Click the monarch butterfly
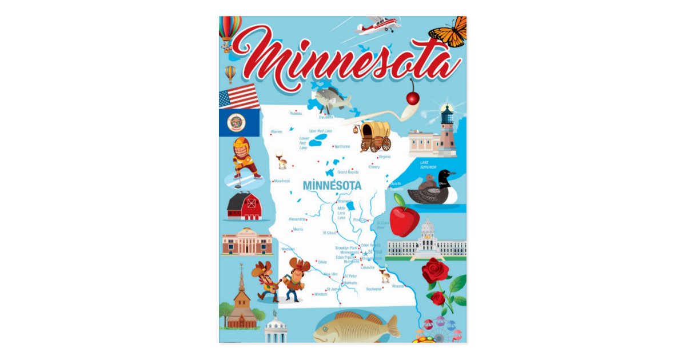[449, 31]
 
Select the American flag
[239, 96]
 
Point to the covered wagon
[375, 136]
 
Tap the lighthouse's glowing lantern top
[447, 110]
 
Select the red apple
[405, 221]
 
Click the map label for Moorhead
[282, 181]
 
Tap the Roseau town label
[296, 114]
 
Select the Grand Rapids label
[348, 172]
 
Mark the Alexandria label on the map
[297, 219]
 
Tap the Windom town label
[321, 294]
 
